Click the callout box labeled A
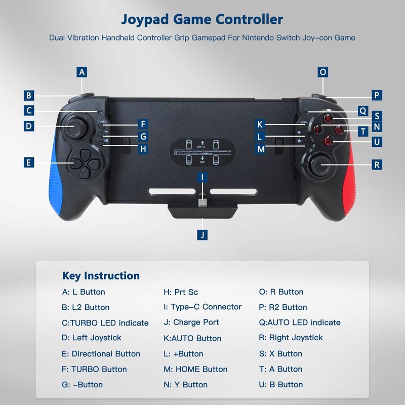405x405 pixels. coord(82,72)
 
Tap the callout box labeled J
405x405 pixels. coord(202,235)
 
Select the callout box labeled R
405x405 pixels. coord(376,165)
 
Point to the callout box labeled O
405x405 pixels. coord(323,72)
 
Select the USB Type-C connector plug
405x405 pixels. coord(202,204)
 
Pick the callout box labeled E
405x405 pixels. coord(29,162)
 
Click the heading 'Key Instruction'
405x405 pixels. coord(101,276)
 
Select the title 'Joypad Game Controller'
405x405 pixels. coord(202,20)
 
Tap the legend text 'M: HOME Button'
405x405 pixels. coord(195,369)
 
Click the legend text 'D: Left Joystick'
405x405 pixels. coord(92,338)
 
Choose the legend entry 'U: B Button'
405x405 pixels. coord(280,384)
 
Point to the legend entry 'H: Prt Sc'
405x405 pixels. coord(180,292)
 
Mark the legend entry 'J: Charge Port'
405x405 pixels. coord(191,322)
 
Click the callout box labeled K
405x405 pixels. coord(260,125)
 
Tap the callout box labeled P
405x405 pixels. coord(376,95)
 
